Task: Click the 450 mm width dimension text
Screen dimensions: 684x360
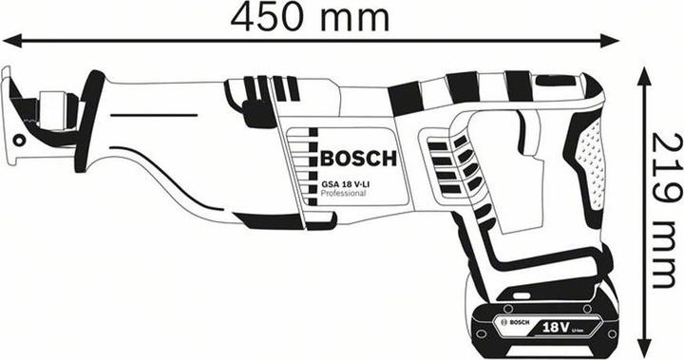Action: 313,16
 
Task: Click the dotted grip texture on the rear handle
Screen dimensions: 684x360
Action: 589,157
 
